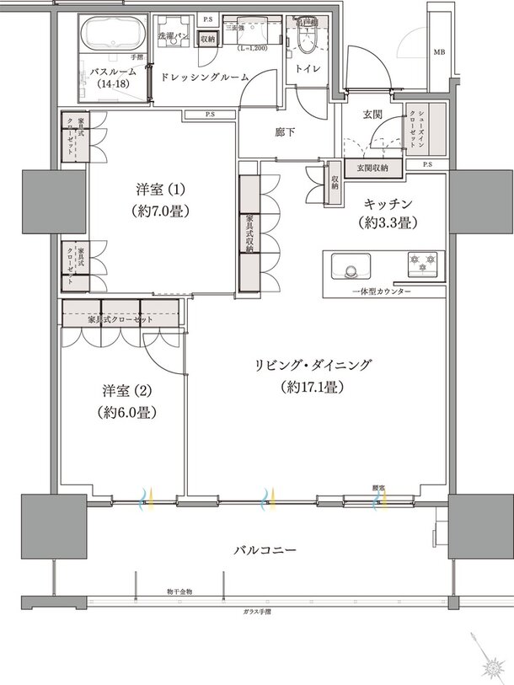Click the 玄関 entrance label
click(x=373, y=113)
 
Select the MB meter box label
click(x=438, y=52)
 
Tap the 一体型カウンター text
click(x=381, y=291)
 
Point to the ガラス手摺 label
click(x=255, y=611)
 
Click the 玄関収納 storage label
click(x=372, y=169)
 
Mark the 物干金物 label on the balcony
click(x=179, y=592)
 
